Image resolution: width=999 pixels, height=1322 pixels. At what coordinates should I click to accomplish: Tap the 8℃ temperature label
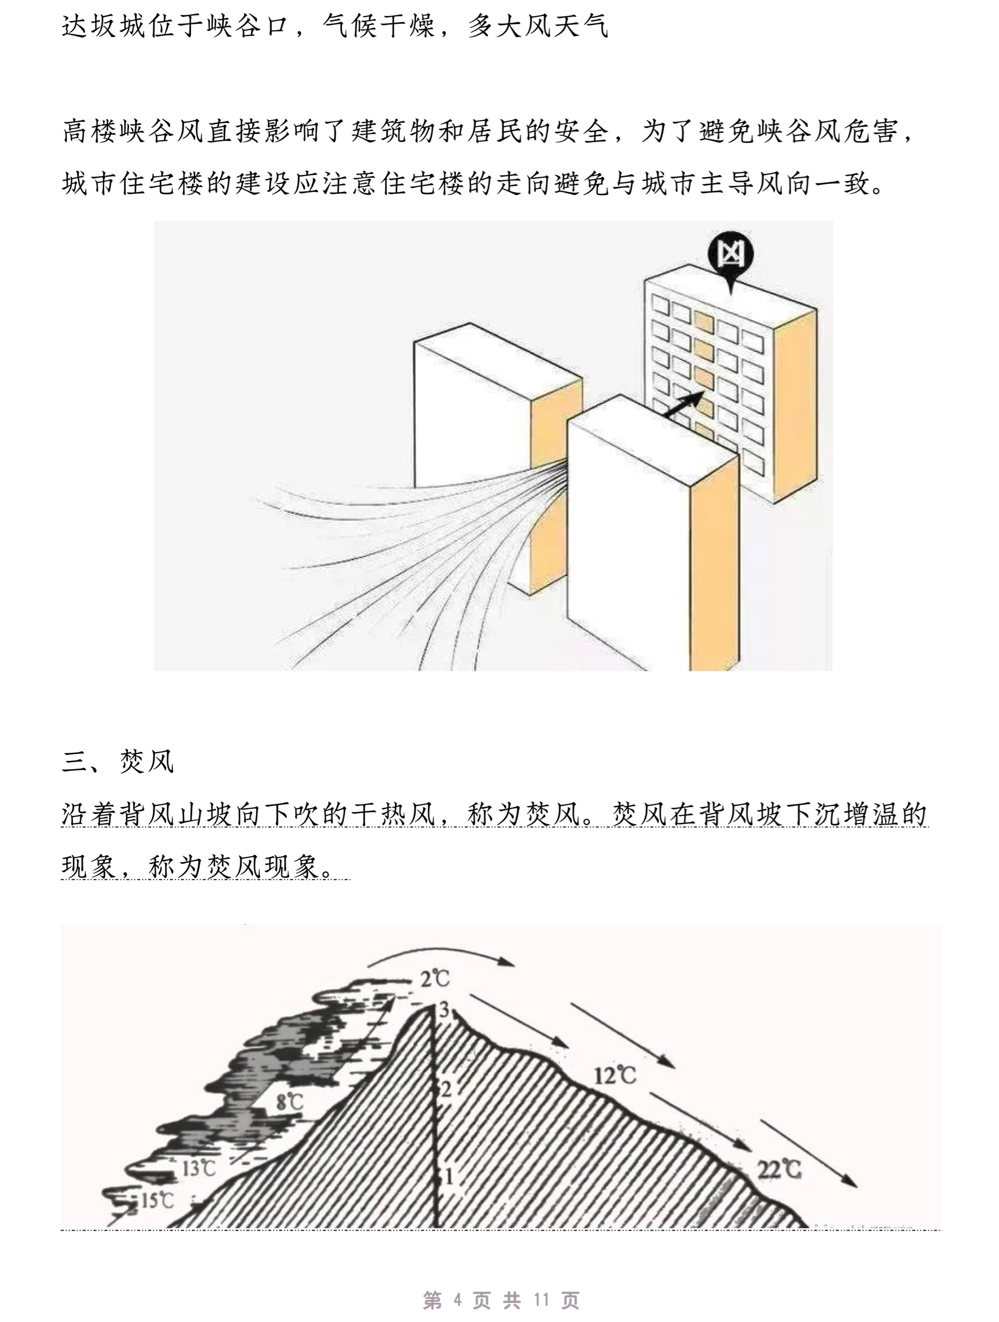tap(290, 1102)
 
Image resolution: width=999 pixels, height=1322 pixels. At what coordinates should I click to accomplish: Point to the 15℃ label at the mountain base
tap(157, 1200)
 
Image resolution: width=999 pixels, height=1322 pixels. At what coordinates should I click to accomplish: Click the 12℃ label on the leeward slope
tap(615, 1076)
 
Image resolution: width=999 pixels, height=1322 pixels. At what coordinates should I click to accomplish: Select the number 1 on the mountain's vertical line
tap(448, 1176)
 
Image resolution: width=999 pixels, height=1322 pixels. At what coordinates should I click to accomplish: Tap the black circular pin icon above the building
tap(729, 257)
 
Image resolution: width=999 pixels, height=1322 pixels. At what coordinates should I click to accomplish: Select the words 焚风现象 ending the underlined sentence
tap(263, 866)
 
